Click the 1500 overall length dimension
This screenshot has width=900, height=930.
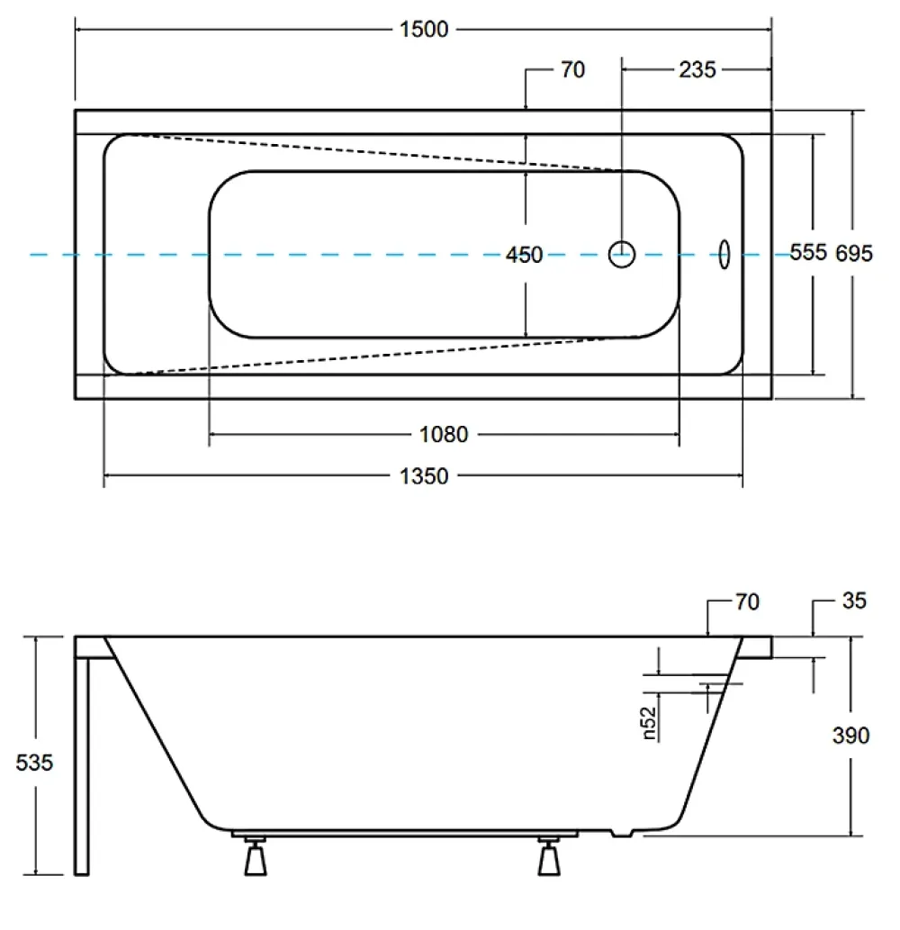[x=424, y=29]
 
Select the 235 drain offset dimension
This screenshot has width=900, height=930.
[x=697, y=70]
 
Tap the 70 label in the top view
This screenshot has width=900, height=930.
[x=572, y=70]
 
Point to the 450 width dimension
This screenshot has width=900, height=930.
[x=524, y=255]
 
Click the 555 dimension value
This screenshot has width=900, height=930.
[x=808, y=253]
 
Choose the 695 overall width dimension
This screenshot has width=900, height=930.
[x=854, y=254]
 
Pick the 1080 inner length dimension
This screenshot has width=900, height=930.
[x=444, y=435]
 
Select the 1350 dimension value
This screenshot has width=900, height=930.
[x=424, y=476]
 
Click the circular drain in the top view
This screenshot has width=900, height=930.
[x=622, y=242]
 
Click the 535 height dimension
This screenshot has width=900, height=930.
[x=34, y=763]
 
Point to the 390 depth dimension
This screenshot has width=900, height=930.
[x=850, y=736]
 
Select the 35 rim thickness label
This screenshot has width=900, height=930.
[x=854, y=600]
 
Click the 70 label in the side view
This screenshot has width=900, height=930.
[x=747, y=602]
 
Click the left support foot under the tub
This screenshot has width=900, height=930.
[x=256, y=858]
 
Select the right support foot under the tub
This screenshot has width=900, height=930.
[x=549, y=858]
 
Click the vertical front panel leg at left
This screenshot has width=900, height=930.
[x=82, y=766]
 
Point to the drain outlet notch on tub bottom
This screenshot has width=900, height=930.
[x=622, y=834]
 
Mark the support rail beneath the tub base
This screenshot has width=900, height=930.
[x=404, y=834]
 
